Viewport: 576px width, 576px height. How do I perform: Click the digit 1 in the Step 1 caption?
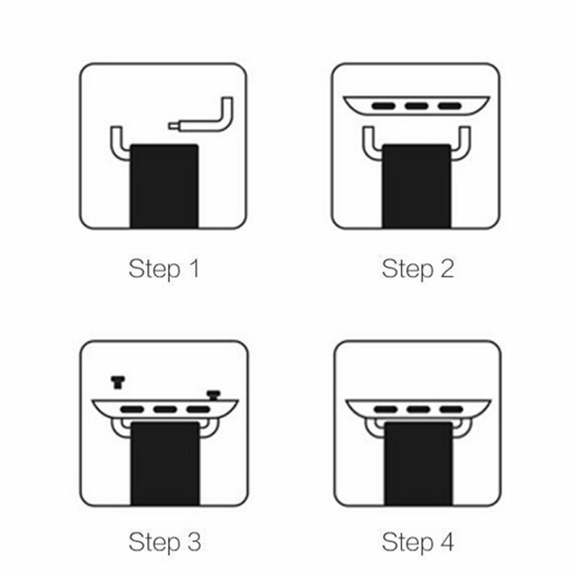point(194,269)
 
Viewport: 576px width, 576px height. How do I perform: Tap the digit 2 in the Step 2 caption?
point(447,269)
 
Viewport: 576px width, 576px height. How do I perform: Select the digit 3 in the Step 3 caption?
point(194,542)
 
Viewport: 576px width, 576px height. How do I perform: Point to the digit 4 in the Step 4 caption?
point(447,542)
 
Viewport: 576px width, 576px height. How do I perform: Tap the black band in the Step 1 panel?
point(164,186)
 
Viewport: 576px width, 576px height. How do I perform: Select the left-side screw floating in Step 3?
point(117,382)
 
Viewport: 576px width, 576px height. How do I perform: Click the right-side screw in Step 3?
point(213,395)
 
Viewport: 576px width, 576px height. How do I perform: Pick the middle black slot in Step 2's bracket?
point(416,107)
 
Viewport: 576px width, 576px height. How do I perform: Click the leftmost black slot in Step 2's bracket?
point(384,107)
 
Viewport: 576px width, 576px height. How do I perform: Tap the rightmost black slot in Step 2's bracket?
point(449,107)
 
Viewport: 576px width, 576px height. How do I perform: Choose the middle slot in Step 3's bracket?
point(165,409)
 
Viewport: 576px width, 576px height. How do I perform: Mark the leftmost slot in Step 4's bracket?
point(386,409)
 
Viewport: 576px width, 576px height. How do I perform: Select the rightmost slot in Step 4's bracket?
point(451,409)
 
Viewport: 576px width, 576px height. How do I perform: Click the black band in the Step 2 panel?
point(417,186)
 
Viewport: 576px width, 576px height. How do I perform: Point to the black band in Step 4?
point(418,464)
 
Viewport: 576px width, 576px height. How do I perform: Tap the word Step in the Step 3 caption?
point(154,543)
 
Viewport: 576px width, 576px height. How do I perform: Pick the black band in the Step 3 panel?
point(165,464)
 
